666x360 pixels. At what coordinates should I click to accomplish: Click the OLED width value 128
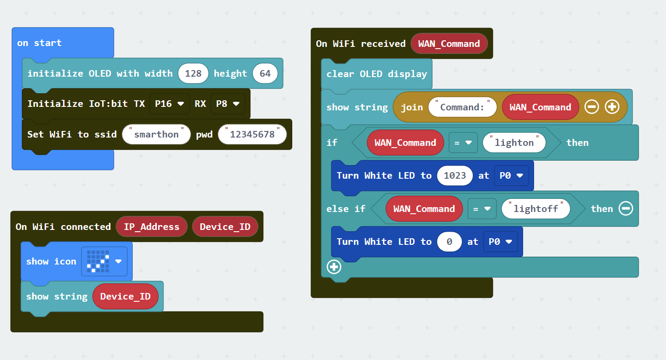click(x=193, y=74)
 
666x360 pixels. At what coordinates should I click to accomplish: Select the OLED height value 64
click(x=265, y=74)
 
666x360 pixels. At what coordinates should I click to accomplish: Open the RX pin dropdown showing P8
click(x=228, y=104)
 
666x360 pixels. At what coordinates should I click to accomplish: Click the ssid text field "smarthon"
click(x=156, y=134)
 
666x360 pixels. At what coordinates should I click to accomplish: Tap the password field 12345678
click(x=252, y=134)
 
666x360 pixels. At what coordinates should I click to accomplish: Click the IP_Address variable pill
click(x=152, y=227)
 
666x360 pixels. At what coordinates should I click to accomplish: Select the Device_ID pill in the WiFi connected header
click(x=225, y=227)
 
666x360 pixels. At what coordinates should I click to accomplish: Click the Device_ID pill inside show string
click(x=125, y=296)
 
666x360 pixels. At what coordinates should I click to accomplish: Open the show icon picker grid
click(x=104, y=261)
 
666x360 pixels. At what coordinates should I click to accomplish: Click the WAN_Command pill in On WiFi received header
click(x=449, y=44)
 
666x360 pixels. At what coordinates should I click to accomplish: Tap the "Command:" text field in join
click(x=462, y=107)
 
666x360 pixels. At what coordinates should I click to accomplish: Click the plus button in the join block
click(x=612, y=107)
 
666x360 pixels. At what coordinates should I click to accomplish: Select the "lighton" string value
click(x=514, y=143)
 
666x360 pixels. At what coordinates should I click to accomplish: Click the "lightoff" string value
click(x=536, y=209)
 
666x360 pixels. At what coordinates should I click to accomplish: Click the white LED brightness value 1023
click(x=455, y=175)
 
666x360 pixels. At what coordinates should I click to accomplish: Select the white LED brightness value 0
click(x=449, y=242)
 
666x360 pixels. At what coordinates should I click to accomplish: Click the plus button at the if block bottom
click(x=334, y=267)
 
